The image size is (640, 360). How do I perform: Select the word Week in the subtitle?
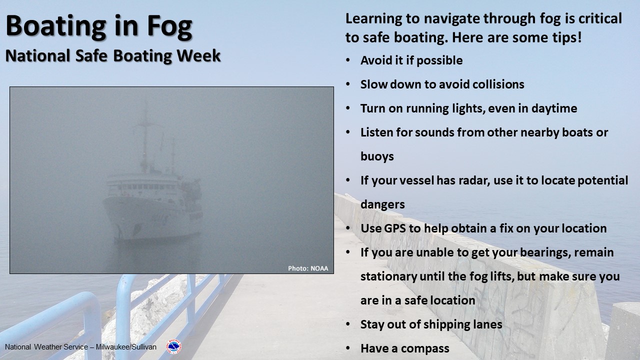(198, 55)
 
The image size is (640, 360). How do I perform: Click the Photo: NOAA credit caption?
(308, 268)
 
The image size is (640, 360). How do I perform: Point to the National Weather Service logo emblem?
(173, 346)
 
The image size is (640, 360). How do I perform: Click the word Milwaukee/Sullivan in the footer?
(126, 347)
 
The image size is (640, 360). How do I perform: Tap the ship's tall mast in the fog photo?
(145, 137)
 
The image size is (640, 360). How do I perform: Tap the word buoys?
(377, 157)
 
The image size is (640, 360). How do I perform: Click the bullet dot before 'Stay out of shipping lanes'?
(347, 324)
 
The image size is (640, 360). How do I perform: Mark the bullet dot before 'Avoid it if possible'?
(347, 60)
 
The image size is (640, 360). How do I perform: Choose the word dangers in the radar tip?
(382, 205)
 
